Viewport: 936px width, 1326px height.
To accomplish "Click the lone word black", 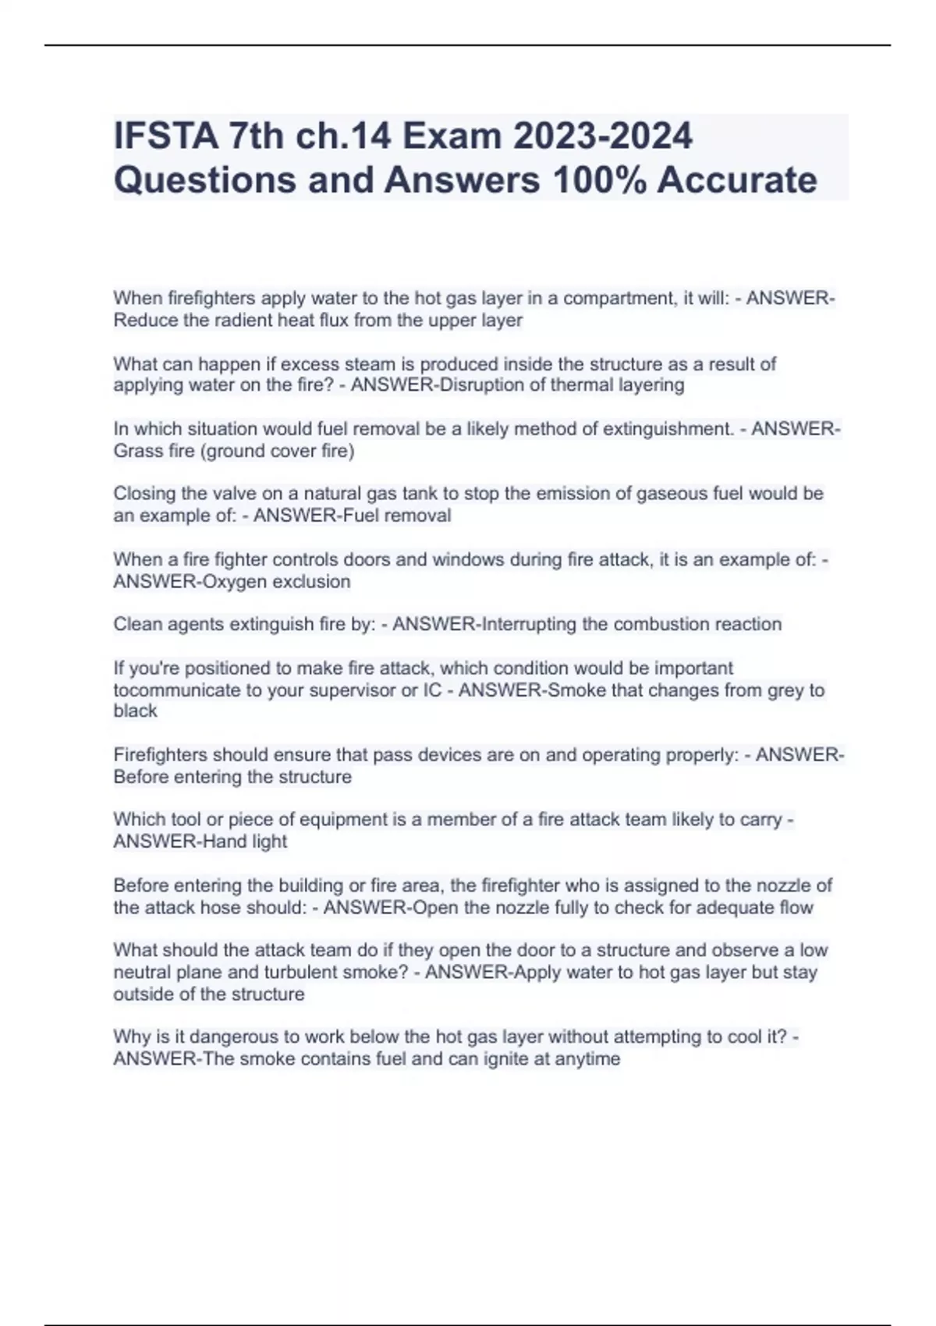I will [135, 711].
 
